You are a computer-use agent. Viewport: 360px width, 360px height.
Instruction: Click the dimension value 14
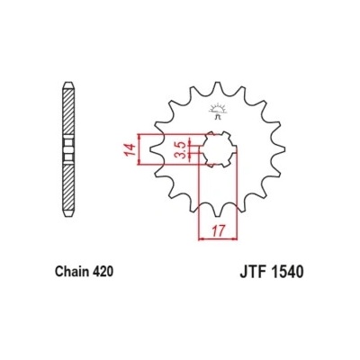[x=130, y=149]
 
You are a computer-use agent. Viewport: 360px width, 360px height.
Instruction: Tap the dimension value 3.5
[x=181, y=149]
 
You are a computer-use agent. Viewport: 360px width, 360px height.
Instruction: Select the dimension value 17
[x=218, y=231]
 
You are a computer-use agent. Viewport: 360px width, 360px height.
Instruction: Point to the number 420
[x=103, y=272]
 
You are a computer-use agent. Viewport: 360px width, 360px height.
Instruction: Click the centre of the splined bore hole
[x=218, y=149]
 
